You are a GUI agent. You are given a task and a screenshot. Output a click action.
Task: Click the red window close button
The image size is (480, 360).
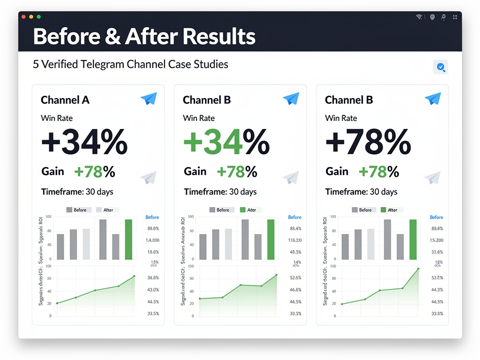click(x=24, y=16)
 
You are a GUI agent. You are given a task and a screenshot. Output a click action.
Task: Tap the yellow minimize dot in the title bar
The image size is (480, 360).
click(x=31, y=16)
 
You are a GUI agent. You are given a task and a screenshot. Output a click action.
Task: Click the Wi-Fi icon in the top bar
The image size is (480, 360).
click(x=419, y=17)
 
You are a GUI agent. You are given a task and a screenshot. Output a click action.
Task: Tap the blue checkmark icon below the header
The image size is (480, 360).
click(x=441, y=67)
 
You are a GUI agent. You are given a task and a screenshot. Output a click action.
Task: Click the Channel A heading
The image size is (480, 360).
click(x=65, y=100)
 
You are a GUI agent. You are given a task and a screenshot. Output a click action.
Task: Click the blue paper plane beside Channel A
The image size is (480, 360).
click(x=149, y=98)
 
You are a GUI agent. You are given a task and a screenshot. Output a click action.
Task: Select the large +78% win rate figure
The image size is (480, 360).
click(x=368, y=142)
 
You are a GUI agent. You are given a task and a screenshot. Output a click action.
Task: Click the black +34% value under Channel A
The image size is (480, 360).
click(x=84, y=142)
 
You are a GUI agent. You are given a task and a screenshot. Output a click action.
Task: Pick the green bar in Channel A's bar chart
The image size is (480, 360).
click(x=128, y=240)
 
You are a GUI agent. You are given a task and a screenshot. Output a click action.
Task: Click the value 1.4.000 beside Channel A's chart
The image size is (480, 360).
click(x=153, y=240)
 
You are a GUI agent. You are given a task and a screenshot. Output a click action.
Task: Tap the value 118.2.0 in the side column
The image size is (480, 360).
click(x=295, y=240)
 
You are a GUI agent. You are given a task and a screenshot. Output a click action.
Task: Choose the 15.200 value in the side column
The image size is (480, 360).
click(x=436, y=240)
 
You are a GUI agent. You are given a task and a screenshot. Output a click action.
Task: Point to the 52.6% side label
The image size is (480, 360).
click(x=295, y=278)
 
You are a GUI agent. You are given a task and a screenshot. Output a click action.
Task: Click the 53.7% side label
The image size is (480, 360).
click(x=436, y=278)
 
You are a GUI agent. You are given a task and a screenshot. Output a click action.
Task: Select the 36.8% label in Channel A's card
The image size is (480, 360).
click(x=153, y=278)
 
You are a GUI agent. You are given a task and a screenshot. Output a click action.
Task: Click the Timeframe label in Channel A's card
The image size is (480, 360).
click(x=62, y=192)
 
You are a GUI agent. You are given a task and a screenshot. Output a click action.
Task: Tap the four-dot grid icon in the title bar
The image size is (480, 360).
click(x=454, y=17)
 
